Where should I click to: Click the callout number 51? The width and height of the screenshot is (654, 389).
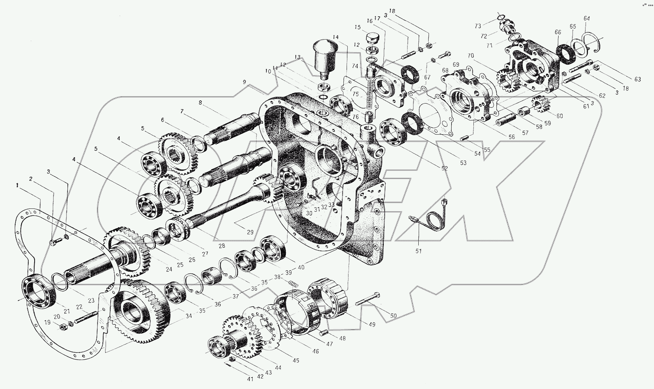[x=418, y=251]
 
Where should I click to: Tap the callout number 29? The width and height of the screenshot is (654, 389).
[x=250, y=232]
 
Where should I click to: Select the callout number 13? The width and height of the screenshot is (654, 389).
[x=297, y=57]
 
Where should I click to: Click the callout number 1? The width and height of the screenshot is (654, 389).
[x=17, y=185]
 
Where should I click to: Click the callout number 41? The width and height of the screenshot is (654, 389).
[x=250, y=379]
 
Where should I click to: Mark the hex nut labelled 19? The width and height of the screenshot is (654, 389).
[x=64, y=328]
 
